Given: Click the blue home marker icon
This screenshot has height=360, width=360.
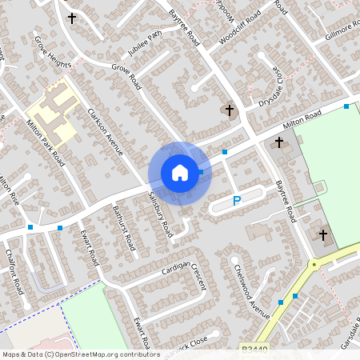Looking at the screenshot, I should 180,172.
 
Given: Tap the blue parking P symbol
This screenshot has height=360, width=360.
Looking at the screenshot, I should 237,202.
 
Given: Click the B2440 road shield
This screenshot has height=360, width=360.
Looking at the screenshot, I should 254,349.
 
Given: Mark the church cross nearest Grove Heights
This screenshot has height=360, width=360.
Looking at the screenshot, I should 72,18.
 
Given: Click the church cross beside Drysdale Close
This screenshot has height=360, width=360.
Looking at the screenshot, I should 230,110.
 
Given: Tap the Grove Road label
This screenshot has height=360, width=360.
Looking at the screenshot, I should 126,77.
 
